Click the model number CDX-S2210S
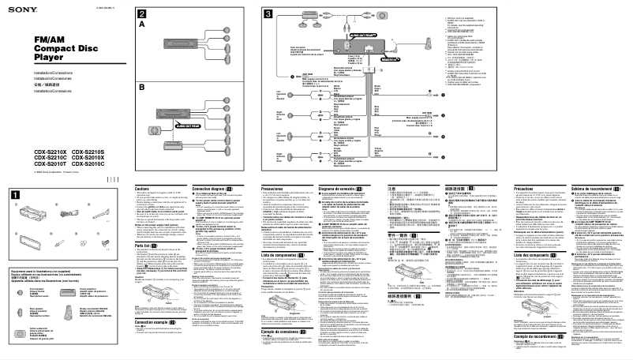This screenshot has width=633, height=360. click(x=89, y=152)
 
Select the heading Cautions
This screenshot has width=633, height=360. click(x=143, y=189)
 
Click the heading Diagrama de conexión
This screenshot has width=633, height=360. click(x=342, y=189)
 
